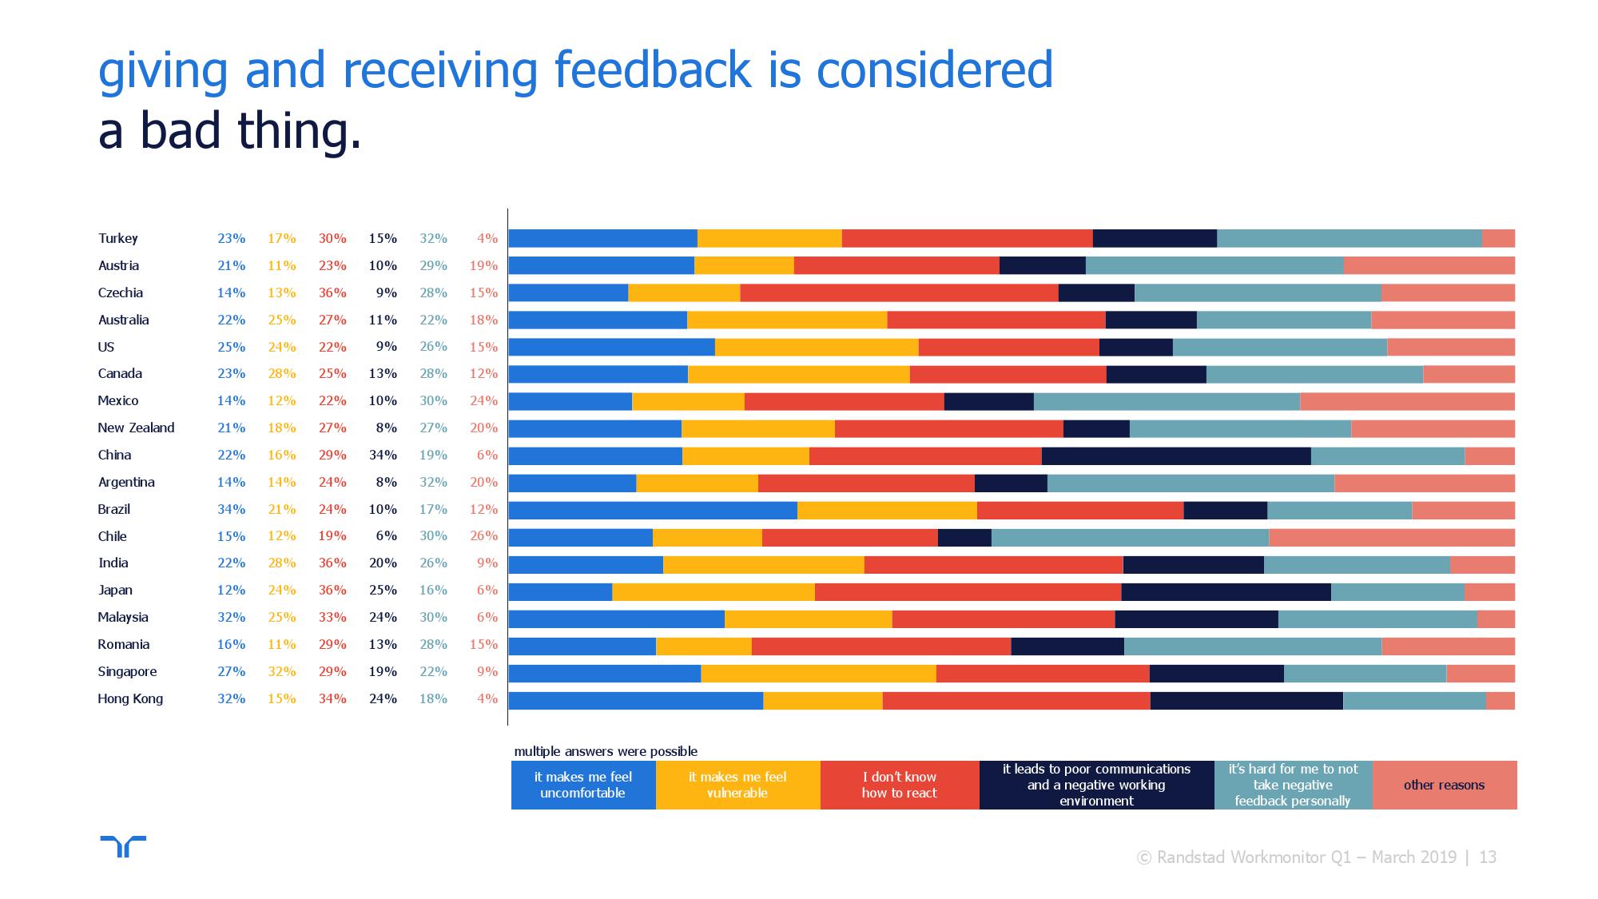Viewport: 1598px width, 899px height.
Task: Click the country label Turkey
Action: pos(118,238)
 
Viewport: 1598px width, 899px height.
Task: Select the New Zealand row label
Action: pos(136,428)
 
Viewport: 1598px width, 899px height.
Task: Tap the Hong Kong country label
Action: pos(130,698)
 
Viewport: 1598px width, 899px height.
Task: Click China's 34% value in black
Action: pos(383,455)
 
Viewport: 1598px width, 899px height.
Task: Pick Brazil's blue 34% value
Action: pos(231,509)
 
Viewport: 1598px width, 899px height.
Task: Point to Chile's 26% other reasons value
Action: pos(483,536)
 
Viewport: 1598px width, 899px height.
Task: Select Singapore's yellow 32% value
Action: pos(281,671)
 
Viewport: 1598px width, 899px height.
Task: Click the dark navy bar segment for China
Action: pos(1176,455)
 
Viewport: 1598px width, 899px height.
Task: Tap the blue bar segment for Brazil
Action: pos(653,510)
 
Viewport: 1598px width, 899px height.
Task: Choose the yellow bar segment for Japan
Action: pos(714,591)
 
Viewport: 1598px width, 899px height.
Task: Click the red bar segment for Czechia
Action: pos(899,293)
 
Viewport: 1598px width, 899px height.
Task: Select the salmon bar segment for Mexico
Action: pos(1407,401)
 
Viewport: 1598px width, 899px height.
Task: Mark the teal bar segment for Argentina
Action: pos(1191,483)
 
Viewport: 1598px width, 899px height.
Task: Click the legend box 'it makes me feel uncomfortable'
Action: pos(583,785)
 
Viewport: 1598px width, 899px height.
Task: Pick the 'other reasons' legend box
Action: pos(1444,785)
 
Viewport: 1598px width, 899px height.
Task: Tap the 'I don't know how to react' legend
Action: pos(899,785)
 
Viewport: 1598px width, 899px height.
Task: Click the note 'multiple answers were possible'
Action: pos(606,751)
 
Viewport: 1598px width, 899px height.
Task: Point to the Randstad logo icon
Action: pos(123,846)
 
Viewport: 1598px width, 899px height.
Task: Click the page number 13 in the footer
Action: pos(1488,857)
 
